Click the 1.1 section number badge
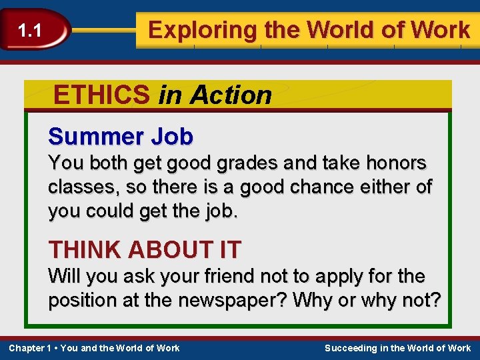pyautogui.click(x=29, y=30)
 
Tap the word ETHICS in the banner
pyautogui.click(x=101, y=95)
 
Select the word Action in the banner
pyautogui.click(x=231, y=95)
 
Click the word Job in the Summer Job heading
pyautogui.click(x=171, y=137)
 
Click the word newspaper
pyautogui.click(x=236, y=301)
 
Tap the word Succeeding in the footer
pyautogui.click(x=353, y=348)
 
